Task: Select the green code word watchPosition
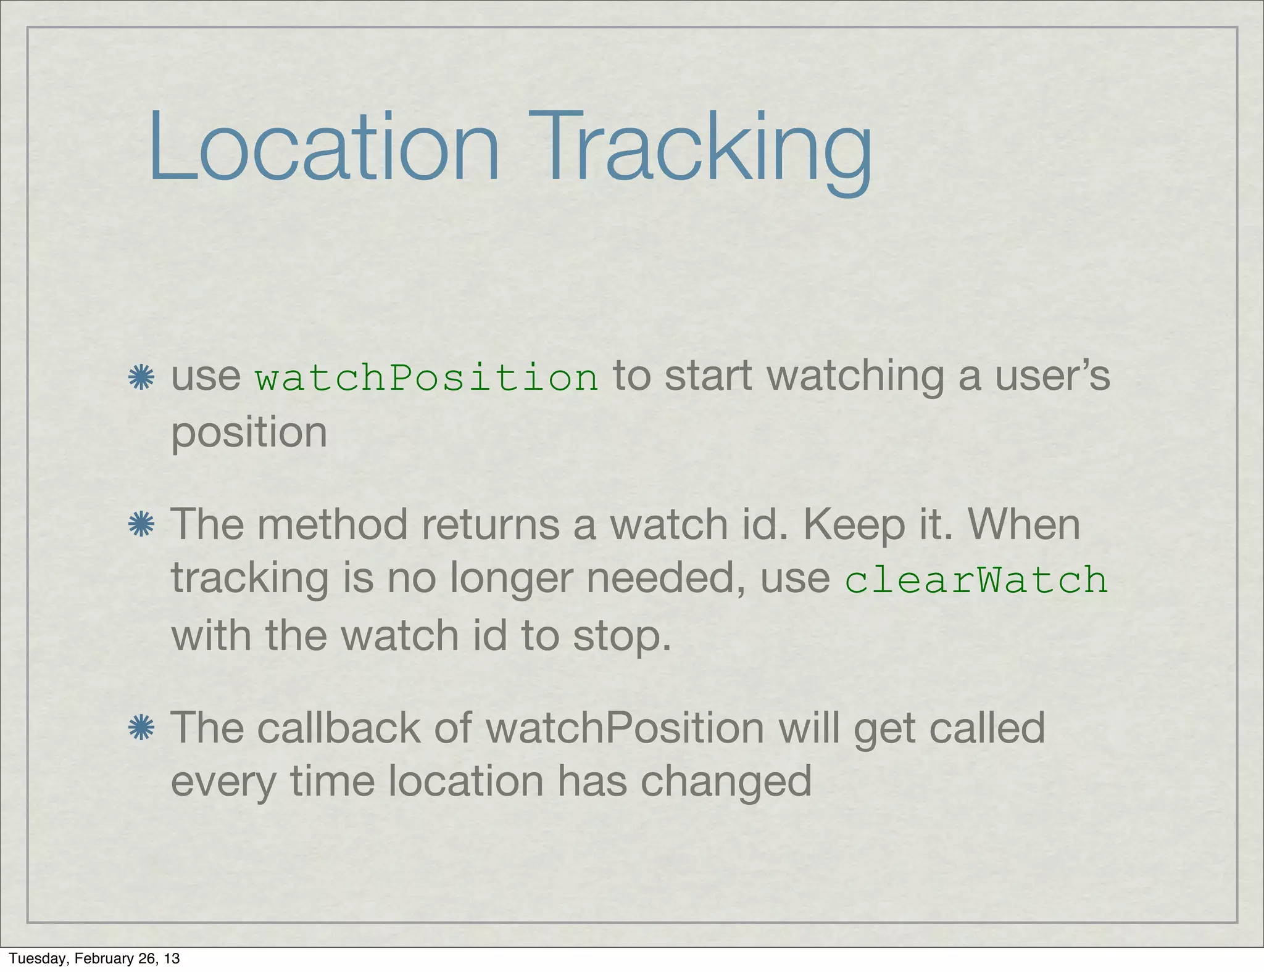pyautogui.click(x=426, y=377)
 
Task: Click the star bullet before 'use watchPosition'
pyautogui.click(x=141, y=377)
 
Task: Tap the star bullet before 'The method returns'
pyautogui.click(x=141, y=525)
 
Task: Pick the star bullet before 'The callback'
pyautogui.click(x=141, y=728)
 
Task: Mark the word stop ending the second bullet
pyautogui.click(x=621, y=636)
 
